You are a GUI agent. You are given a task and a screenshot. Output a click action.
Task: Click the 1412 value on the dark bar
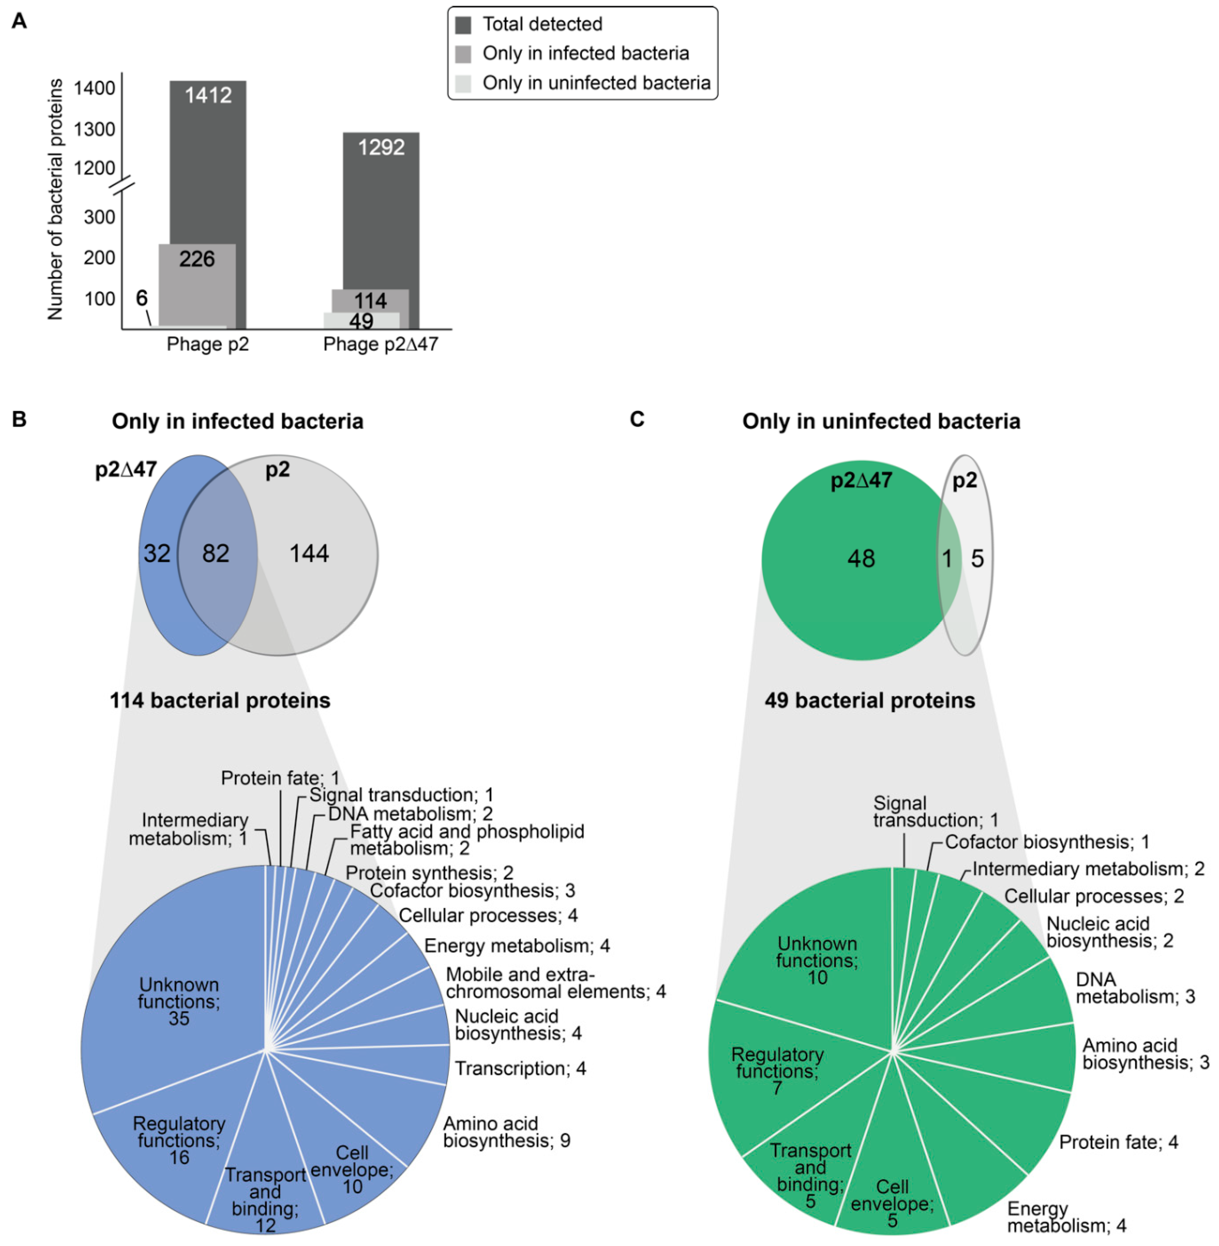(208, 95)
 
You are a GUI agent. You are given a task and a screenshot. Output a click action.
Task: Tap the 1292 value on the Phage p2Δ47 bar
(381, 147)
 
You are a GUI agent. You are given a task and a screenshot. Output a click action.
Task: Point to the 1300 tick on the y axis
(95, 129)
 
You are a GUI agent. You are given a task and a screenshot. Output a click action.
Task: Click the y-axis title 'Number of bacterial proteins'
(56, 199)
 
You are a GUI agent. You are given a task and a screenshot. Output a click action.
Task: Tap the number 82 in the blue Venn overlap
(216, 554)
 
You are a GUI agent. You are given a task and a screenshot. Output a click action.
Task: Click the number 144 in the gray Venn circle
(309, 554)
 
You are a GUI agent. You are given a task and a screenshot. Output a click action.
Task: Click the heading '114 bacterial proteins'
(220, 700)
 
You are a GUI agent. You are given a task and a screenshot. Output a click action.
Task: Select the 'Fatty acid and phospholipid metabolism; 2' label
(466, 840)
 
